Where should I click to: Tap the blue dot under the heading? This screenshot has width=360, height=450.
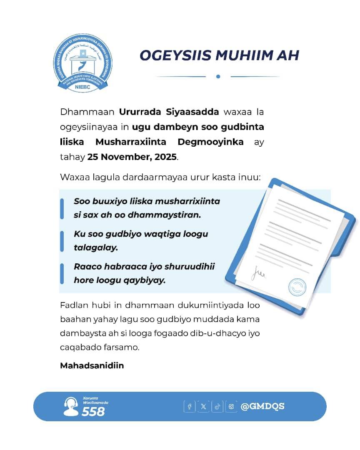point(218,77)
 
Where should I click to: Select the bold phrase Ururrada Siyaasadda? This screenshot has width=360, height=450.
point(169,112)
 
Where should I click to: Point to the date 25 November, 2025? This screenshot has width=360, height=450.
point(132,157)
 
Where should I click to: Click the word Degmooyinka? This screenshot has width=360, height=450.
point(210,142)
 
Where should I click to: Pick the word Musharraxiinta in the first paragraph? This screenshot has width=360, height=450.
point(131,142)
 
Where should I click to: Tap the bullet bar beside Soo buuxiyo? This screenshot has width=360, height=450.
point(62,208)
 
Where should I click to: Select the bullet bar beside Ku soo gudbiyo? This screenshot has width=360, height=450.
point(62,241)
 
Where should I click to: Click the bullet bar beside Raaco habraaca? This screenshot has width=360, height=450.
point(62,273)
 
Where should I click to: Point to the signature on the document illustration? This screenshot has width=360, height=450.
point(259,274)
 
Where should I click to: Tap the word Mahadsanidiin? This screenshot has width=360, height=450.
point(92,366)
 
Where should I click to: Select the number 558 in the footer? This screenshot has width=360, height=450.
point(93,412)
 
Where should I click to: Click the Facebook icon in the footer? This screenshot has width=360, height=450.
point(189,406)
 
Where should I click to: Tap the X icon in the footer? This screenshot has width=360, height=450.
point(203,406)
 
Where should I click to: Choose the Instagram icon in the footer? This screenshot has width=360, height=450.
point(231,406)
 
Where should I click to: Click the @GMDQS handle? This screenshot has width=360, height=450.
point(262,406)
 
